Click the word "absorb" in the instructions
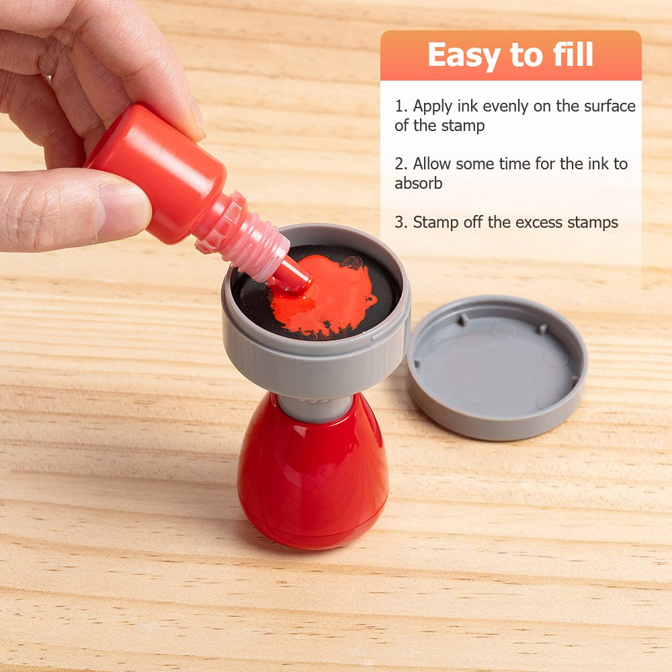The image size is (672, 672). pyautogui.click(x=418, y=183)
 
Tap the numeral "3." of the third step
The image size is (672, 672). pyautogui.click(x=401, y=222)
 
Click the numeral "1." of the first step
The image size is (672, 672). pyautogui.click(x=401, y=106)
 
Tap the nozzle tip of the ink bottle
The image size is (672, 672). pyautogui.click(x=300, y=279)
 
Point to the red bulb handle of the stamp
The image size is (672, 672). pyautogui.click(x=313, y=476)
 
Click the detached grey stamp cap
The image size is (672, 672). pyautogui.click(x=497, y=366)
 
